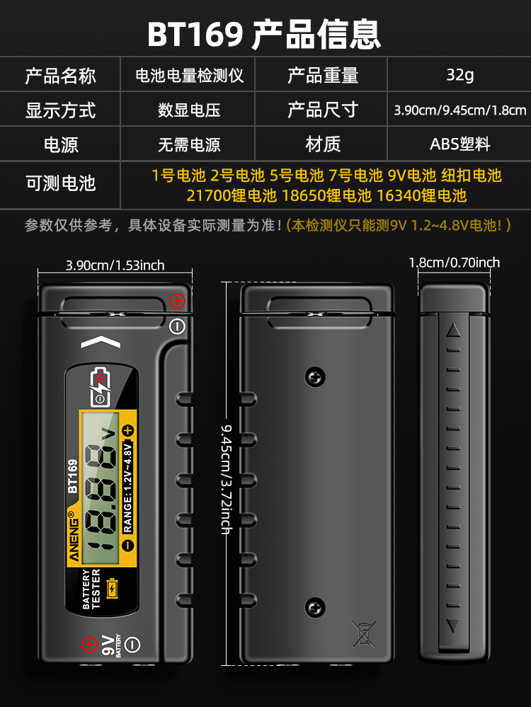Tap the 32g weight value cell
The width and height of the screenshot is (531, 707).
coord(459,75)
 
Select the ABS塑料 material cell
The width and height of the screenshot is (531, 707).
coord(459,144)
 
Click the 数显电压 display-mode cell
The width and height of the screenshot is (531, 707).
coord(189,110)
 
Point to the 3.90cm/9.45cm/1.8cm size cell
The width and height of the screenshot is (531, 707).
coord(459,110)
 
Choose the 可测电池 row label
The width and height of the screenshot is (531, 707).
coord(60,184)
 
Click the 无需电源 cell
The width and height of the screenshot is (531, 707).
coord(189,144)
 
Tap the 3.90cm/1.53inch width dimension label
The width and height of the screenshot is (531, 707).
coord(115,265)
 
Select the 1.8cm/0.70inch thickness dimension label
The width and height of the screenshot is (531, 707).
coord(454,263)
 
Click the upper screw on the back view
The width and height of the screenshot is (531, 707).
coord(314,377)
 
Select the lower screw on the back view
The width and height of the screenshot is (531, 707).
coord(314,607)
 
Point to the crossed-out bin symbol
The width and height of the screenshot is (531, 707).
coord(364,633)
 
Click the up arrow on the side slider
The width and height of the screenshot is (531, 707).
coord(454,330)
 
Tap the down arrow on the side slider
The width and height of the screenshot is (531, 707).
coord(454,625)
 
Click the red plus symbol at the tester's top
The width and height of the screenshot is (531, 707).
coord(177,301)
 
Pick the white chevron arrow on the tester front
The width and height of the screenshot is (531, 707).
coord(101,343)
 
